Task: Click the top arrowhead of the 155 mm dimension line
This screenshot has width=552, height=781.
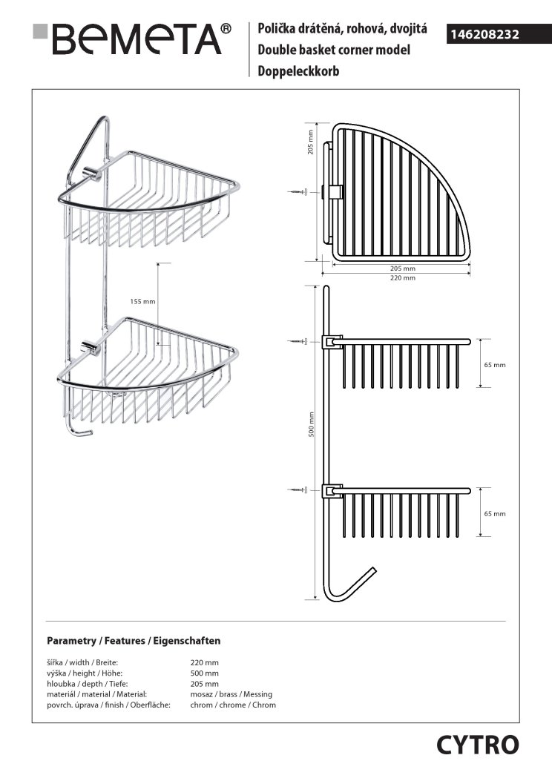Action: (158, 264)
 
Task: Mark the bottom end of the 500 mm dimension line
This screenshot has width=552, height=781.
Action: (315, 599)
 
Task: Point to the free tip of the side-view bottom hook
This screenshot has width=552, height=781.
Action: (374, 569)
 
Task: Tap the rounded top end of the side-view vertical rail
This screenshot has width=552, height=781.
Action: (326, 287)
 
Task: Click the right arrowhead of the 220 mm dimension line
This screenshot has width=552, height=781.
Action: (469, 273)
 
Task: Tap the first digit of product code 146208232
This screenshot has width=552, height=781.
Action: (453, 34)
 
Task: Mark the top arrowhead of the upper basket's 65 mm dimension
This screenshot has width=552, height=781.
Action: (480, 341)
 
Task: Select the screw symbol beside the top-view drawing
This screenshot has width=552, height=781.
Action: (298, 192)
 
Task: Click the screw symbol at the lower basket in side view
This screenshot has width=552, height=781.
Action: (298, 490)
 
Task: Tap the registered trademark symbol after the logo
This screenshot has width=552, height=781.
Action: (226, 29)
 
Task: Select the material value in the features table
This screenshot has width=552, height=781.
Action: (231, 694)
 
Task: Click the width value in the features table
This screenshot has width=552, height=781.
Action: (204, 662)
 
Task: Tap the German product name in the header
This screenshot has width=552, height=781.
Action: (298, 71)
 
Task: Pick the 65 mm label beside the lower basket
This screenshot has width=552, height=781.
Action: (495, 513)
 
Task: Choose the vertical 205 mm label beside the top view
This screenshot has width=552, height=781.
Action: (310, 142)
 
